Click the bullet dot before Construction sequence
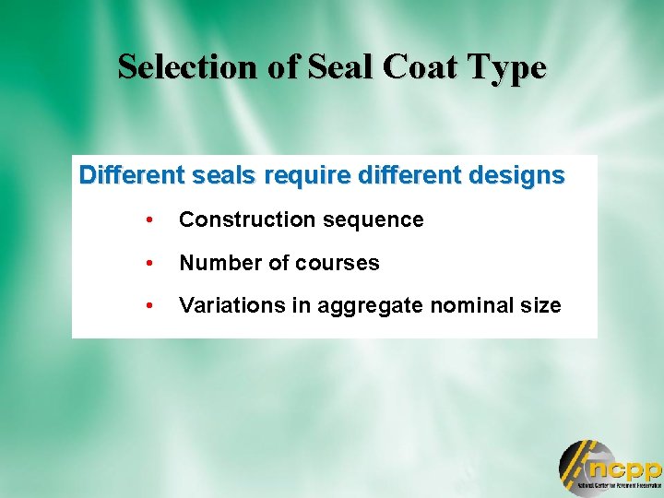pos(148,220)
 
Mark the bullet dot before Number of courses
pos(148,264)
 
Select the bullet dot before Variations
pos(148,306)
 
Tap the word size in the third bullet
pos(540,305)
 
